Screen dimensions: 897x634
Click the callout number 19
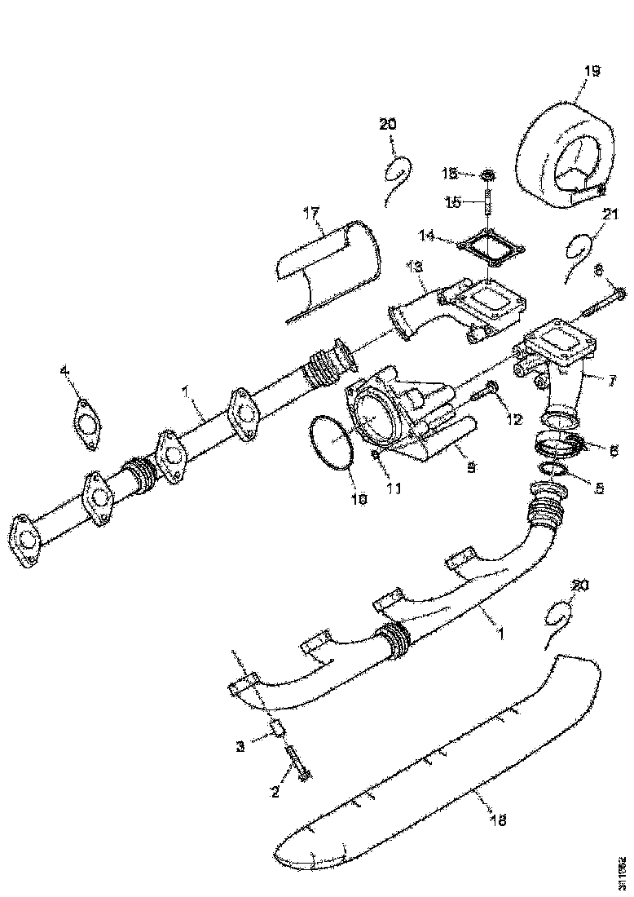pyautogui.click(x=592, y=72)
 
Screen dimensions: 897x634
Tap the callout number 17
pyautogui.click(x=312, y=214)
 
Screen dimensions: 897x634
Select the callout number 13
pyautogui.click(x=415, y=267)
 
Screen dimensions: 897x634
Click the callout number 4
pyautogui.click(x=65, y=373)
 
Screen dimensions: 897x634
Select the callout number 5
pyautogui.click(x=599, y=488)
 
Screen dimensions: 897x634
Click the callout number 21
pyautogui.click(x=610, y=214)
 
